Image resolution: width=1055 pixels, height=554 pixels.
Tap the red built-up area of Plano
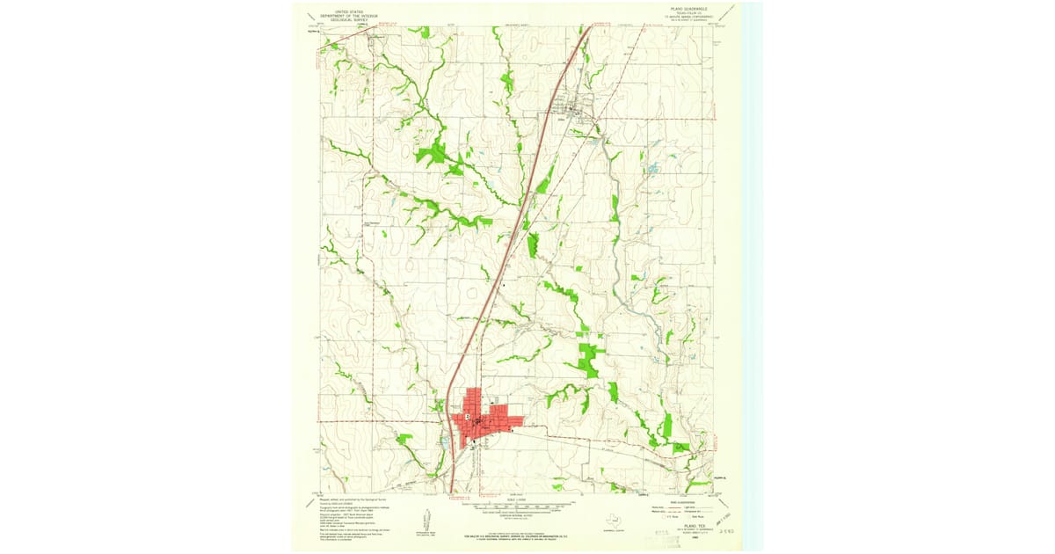(x=482, y=420)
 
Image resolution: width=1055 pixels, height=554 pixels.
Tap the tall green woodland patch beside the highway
(x=533, y=244)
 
